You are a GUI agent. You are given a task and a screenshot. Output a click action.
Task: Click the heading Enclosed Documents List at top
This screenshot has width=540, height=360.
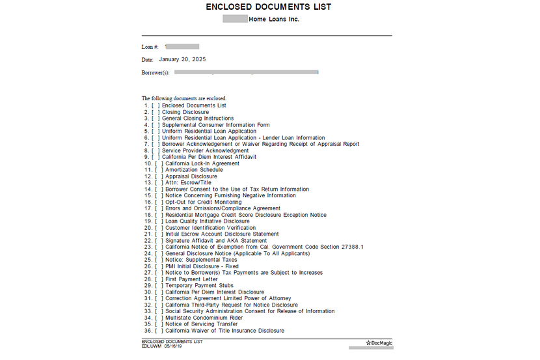(x=268, y=7)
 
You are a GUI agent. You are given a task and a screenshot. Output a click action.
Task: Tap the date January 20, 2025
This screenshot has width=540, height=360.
(x=182, y=59)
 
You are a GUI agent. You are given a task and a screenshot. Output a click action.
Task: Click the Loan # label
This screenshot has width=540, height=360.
(x=150, y=47)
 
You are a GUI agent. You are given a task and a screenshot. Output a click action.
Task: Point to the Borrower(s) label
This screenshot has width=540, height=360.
(x=155, y=72)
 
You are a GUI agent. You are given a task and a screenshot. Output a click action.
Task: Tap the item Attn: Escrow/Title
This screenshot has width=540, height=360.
(x=189, y=183)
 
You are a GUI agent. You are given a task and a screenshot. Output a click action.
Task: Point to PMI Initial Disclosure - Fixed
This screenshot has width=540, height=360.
(x=202, y=266)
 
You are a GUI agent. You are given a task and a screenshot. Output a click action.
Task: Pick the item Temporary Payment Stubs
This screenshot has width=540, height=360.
(x=199, y=286)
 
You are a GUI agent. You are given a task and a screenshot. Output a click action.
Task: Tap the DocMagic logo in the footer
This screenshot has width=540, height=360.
(x=379, y=342)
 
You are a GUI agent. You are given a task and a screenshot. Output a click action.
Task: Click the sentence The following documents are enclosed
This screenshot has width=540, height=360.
(x=184, y=98)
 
